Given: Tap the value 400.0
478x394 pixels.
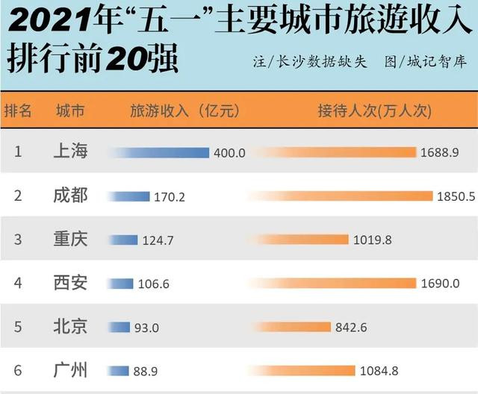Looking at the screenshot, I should (x=229, y=152).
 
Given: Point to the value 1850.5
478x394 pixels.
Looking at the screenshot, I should (x=456, y=196).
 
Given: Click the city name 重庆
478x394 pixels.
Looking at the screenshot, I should (x=71, y=239).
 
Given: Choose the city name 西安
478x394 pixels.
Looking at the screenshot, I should (x=71, y=283).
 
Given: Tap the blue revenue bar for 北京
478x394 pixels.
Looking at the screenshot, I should (x=119, y=327).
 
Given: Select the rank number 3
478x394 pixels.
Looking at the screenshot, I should (x=18, y=239).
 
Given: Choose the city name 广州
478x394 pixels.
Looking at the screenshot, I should (x=71, y=370).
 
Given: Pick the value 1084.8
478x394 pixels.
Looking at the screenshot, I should (x=379, y=370).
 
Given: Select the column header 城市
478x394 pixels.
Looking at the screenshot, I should (x=70, y=110).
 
